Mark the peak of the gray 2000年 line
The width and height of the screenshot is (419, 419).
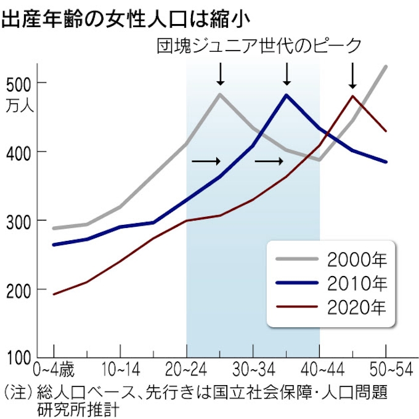coord(220,94)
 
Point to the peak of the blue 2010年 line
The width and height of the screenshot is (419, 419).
coord(287,95)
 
